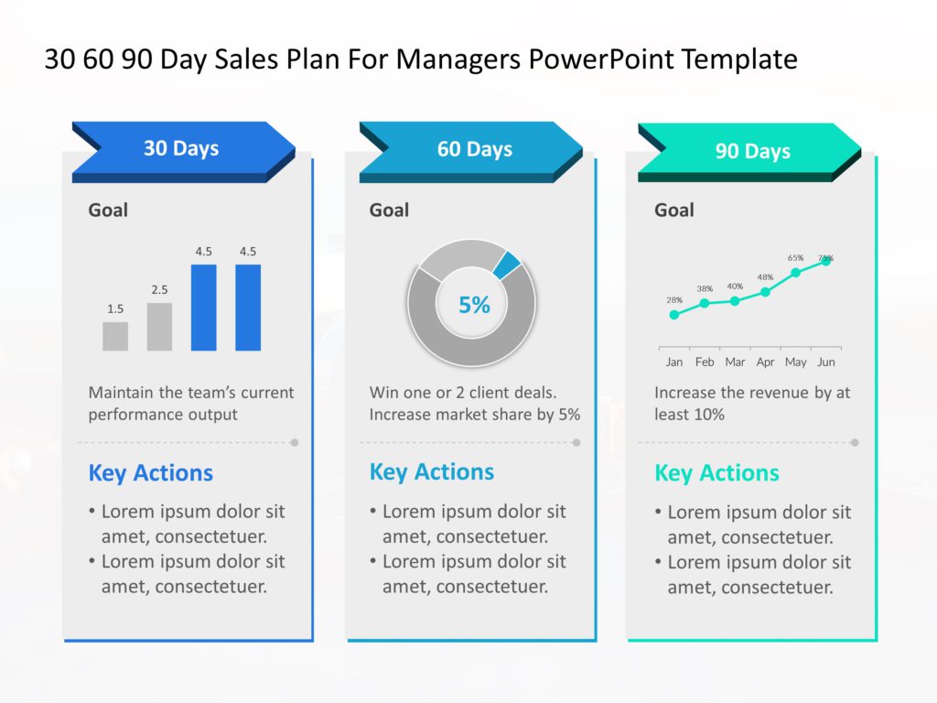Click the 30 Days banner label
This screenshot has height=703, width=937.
pyautogui.click(x=181, y=148)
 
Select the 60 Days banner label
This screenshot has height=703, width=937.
pyautogui.click(x=474, y=149)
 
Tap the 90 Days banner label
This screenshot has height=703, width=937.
pyautogui.click(x=752, y=151)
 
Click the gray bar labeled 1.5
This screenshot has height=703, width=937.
pyautogui.click(x=115, y=336)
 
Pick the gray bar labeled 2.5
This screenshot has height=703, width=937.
pyautogui.click(x=159, y=327)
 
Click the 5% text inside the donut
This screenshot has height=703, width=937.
pyautogui.click(x=474, y=305)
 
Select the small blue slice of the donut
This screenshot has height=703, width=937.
pyautogui.click(x=507, y=265)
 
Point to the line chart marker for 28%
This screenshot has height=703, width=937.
pyautogui.click(x=674, y=315)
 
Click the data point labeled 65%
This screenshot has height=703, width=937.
pyautogui.click(x=795, y=273)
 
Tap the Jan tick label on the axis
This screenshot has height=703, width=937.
pyautogui.click(x=674, y=362)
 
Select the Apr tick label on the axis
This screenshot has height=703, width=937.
pyautogui.click(x=765, y=362)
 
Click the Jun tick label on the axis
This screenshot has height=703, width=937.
pyautogui.click(x=825, y=362)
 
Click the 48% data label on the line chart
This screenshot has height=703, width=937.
pyautogui.click(x=765, y=276)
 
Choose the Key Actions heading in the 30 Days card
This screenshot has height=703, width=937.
pyautogui.click(x=150, y=473)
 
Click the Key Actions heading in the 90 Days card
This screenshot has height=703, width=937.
pyautogui.click(x=716, y=473)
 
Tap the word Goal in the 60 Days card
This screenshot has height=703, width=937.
pyautogui.click(x=389, y=211)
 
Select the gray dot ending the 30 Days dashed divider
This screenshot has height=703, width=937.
pyautogui.click(x=294, y=442)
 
